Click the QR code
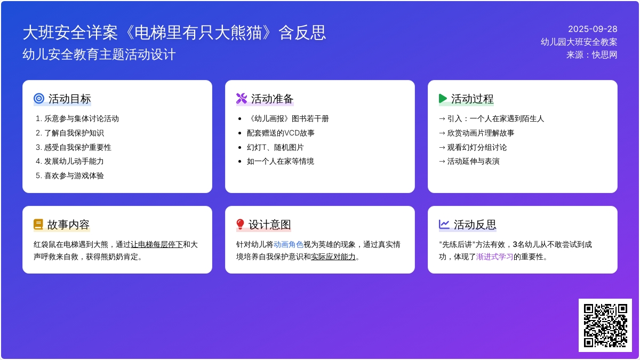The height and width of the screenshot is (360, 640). tap(605, 325)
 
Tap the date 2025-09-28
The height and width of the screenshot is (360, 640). tap(593, 29)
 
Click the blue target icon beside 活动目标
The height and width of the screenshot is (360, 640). tap(39, 98)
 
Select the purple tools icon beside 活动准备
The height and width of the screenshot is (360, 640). tap(242, 98)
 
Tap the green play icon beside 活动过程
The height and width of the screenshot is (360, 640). tap(443, 98)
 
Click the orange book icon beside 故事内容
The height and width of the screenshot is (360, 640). tap(38, 225)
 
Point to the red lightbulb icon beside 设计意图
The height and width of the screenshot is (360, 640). tap(240, 225)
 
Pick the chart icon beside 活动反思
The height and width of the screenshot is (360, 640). tap(444, 225)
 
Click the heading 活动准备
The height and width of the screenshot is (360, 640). tap(272, 99)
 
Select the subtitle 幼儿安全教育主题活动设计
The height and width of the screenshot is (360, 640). tap(99, 54)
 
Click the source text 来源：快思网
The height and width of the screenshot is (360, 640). tap(591, 54)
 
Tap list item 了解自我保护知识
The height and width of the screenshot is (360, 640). tap(74, 133)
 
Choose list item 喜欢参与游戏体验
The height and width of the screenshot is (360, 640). tap(74, 175)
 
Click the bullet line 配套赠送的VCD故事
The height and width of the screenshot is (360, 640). tap(281, 133)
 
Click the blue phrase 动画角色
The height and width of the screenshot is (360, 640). tap(289, 245)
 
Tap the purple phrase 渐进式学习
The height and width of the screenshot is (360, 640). tap(494, 257)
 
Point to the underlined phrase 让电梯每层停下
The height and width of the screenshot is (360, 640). tap(157, 245)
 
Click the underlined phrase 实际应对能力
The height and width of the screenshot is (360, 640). tap(333, 257)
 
